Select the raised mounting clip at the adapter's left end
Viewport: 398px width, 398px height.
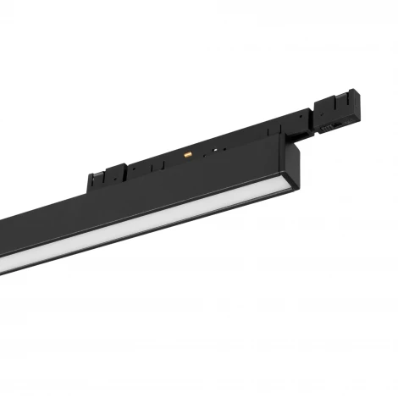point(99,179)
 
